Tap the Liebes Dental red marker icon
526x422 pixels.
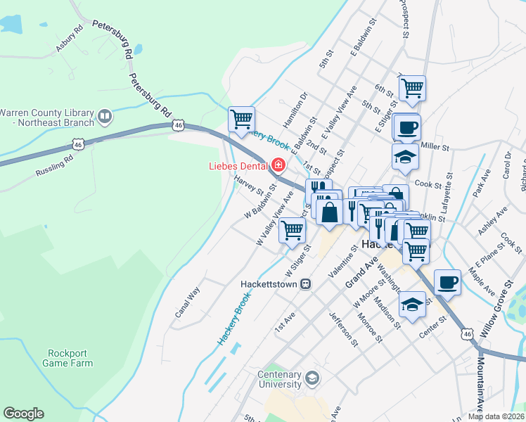click(x=278, y=166)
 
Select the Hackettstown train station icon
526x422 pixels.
click(x=305, y=283)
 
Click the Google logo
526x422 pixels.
click(x=23, y=414)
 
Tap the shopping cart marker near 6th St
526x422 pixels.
click(x=411, y=88)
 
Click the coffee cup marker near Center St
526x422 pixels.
click(x=448, y=283)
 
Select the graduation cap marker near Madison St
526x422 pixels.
click(x=412, y=304)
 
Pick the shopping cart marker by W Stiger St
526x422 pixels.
click(x=292, y=229)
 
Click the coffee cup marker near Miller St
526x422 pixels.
click(x=406, y=127)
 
